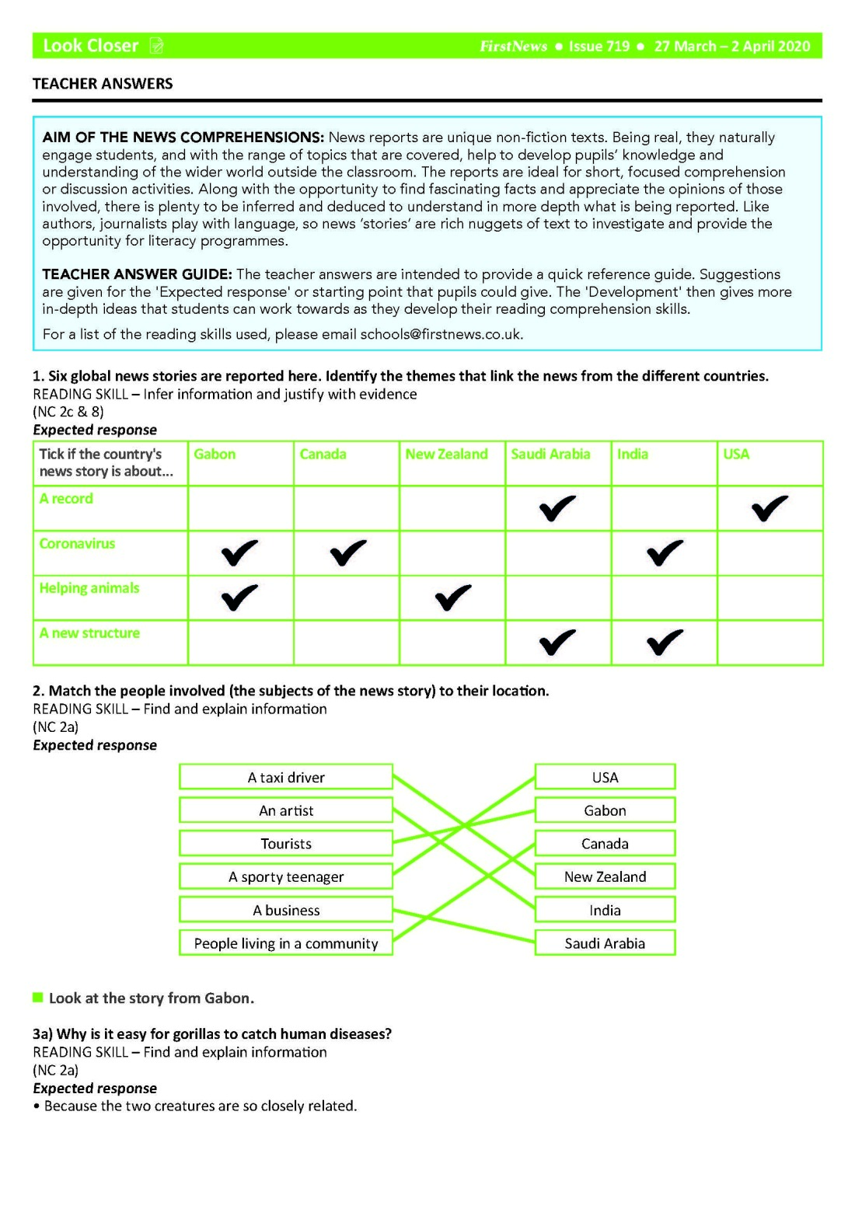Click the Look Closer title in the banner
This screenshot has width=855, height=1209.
click(90, 46)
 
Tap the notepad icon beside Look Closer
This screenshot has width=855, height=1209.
click(156, 47)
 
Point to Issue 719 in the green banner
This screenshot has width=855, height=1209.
click(598, 47)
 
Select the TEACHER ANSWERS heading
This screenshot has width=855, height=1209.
click(103, 84)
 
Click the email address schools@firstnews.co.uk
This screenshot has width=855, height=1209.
click(441, 335)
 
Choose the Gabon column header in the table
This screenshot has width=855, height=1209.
click(215, 455)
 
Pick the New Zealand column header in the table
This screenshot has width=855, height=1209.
click(446, 455)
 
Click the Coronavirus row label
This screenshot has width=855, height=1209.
click(77, 544)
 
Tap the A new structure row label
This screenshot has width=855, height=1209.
click(89, 633)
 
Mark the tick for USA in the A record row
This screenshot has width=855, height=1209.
click(769, 508)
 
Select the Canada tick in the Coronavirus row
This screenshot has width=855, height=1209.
click(347, 552)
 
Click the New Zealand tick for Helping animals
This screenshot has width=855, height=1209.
click(453, 598)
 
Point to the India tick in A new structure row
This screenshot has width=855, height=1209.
click(665, 642)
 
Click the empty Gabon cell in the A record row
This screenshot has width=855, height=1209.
click(241, 509)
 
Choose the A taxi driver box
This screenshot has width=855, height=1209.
click(286, 777)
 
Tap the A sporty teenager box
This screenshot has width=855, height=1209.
click(286, 876)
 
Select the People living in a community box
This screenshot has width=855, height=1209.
click(286, 943)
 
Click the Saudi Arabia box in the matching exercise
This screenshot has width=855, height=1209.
click(605, 943)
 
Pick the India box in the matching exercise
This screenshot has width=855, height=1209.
click(605, 910)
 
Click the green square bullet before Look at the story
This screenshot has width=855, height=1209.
click(38, 998)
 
